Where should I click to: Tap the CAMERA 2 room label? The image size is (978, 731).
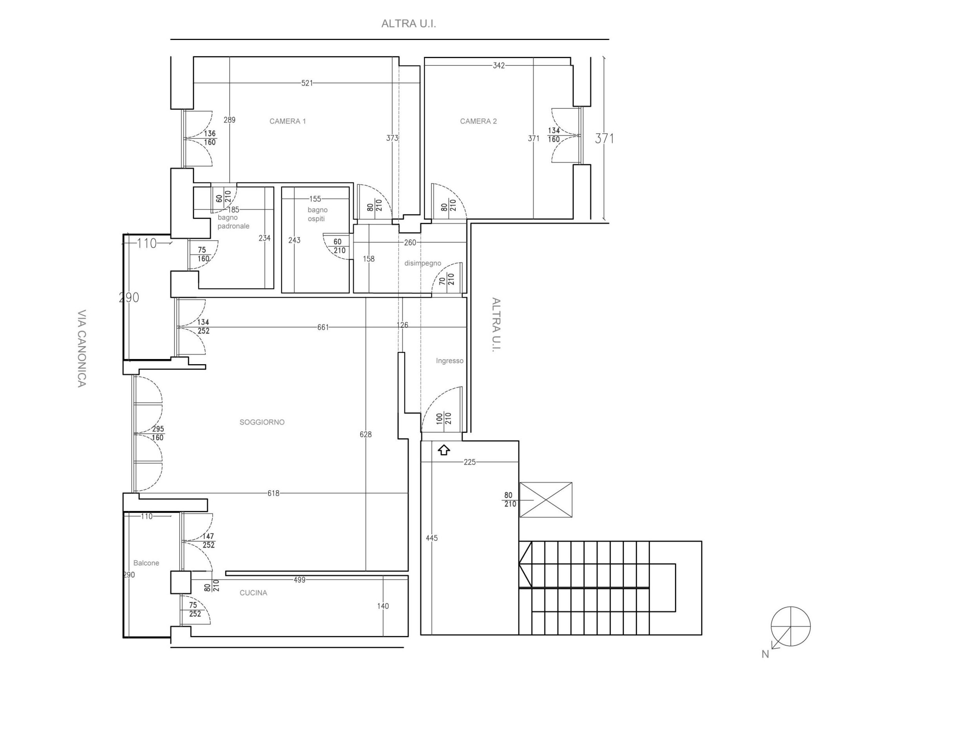(x=478, y=121)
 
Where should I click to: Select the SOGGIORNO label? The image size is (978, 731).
(x=262, y=422)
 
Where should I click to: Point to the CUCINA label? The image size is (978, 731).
(x=254, y=593)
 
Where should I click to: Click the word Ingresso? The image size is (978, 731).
(x=450, y=361)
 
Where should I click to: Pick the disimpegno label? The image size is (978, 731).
(x=423, y=263)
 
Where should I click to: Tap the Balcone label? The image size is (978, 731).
(x=146, y=563)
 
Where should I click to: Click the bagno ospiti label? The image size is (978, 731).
(x=317, y=214)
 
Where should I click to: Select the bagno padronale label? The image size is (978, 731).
(x=234, y=221)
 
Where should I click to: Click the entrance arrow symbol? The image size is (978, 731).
(x=444, y=450)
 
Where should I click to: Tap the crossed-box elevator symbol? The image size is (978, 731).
(x=545, y=500)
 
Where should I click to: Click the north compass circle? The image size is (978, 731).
(x=791, y=626)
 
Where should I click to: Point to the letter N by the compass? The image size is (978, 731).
(x=765, y=655)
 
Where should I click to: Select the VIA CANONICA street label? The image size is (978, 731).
(x=82, y=348)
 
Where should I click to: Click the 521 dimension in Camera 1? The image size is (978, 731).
(x=307, y=83)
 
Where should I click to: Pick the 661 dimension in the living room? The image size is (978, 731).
(x=323, y=327)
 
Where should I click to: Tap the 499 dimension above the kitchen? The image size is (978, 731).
(x=299, y=580)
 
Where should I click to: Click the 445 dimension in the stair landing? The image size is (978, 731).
(x=431, y=538)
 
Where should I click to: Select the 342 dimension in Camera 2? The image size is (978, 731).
(x=499, y=65)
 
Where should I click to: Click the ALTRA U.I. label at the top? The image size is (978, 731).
(x=409, y=24)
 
